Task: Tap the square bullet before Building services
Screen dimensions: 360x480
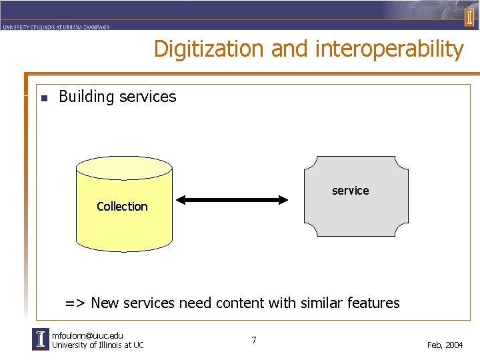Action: point(44,98)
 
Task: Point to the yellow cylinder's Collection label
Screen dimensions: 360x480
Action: point(122,207)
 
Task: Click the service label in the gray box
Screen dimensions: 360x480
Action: point(350,191)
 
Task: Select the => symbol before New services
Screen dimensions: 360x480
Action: point(75,303)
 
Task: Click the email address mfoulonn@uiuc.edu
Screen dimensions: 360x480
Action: point(87,335)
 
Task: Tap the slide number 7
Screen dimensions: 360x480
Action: point(254,341)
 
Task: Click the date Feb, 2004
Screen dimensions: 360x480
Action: point(445,345)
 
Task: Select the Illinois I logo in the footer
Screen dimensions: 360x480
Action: point(41,339)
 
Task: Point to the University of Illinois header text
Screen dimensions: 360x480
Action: point(56,27)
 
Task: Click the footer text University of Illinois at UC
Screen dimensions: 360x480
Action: point(97,345)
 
